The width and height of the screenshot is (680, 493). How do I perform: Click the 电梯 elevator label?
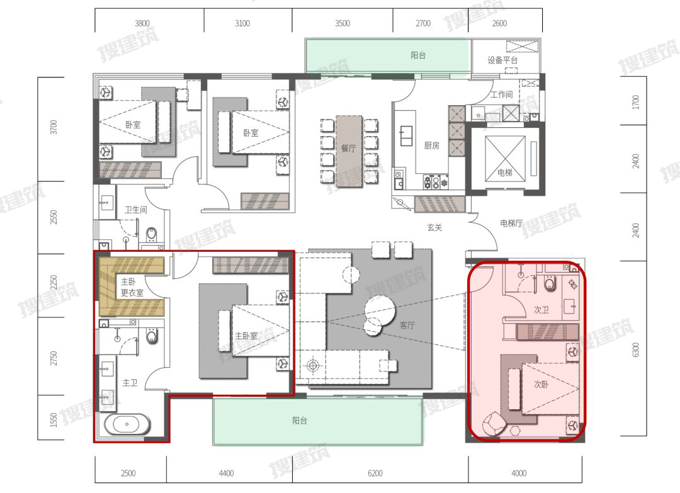point(505,173)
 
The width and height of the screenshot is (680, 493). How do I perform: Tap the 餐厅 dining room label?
point(348,149)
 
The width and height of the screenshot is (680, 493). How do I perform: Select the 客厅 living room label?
point(407,325)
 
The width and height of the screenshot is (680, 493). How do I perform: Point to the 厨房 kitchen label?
point(431,145)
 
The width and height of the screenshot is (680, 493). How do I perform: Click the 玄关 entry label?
point(434,227)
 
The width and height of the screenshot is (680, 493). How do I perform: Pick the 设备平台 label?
point(502,60)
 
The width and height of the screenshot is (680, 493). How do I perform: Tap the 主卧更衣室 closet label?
point(132,287)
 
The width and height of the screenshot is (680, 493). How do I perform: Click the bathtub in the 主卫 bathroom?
point(127,424)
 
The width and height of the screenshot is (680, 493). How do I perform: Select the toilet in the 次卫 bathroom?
point(550,283)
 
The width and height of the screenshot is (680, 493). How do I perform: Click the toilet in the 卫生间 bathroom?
point(151,235)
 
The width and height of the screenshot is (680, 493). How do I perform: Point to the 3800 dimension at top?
point(142,23)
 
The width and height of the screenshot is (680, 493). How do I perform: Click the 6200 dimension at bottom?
point(375,473)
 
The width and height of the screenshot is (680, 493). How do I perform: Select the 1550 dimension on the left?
point(54,420)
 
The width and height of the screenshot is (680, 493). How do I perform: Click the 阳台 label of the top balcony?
point(418,55)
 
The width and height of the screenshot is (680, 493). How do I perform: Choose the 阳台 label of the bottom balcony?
point(300,420)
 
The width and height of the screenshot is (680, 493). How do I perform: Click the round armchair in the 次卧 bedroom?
point(494,424)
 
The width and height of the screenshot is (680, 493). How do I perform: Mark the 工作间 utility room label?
point(501,94)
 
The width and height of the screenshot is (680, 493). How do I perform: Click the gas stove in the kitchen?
point(436,182)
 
